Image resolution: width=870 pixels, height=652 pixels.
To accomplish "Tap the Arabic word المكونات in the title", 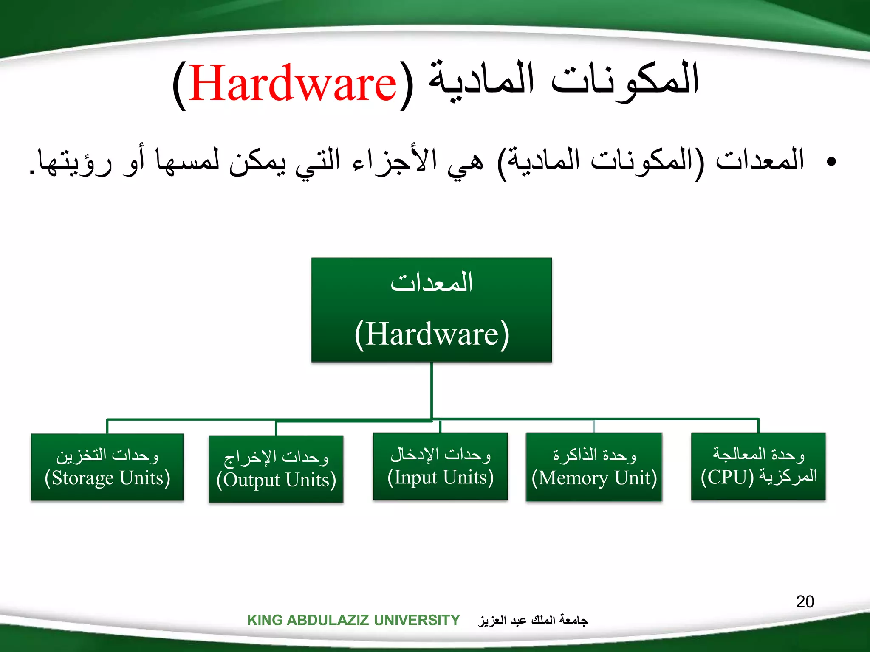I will [x=624, y=81].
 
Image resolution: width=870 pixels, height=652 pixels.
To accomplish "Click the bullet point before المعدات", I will [x=831, y=161].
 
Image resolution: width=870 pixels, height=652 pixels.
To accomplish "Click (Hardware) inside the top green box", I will [x=432, y=334].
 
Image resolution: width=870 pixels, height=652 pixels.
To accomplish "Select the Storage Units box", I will [x=107, y=467].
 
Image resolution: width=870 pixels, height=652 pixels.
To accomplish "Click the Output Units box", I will [x=276, y=469].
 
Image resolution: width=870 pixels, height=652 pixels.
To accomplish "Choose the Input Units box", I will [x=441, y=466].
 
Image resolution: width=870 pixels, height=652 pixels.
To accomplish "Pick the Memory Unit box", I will [x=594, y=467].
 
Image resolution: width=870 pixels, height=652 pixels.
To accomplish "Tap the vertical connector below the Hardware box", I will [x=432, y=391].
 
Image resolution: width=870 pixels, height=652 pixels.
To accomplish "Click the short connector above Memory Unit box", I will [x=594, y=426].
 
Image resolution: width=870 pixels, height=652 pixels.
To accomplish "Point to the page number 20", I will [x=805, y=602].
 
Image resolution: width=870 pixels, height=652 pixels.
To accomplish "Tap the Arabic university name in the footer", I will [x=533, y=621].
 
